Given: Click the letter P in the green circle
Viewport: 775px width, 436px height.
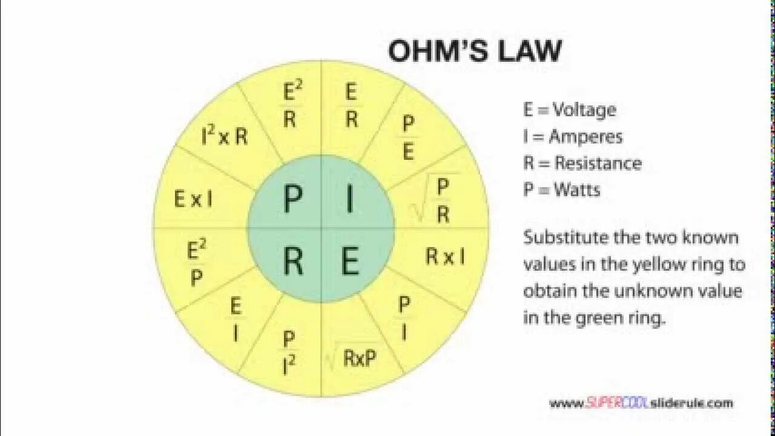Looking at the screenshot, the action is (292, 199).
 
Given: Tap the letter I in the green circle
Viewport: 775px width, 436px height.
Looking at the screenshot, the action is (349, 199).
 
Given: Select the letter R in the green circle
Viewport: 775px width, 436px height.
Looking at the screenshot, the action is (293, 261).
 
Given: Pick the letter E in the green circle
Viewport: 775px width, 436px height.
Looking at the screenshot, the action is (350, 262).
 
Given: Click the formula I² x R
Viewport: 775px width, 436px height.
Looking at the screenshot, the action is (225, 136).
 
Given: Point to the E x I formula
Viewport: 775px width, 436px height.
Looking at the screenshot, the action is (193, 199).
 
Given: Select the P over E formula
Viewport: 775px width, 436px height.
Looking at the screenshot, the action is (409, 137).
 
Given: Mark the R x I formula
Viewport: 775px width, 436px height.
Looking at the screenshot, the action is (445, 257).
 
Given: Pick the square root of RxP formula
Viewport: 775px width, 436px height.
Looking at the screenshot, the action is (352, 358).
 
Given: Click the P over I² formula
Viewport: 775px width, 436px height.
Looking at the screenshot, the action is (289, 352).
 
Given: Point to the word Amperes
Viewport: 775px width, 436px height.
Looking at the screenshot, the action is (585, 136).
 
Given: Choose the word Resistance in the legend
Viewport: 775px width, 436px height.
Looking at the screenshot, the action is (598, 163).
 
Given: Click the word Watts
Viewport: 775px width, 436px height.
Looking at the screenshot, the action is (576, 190).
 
